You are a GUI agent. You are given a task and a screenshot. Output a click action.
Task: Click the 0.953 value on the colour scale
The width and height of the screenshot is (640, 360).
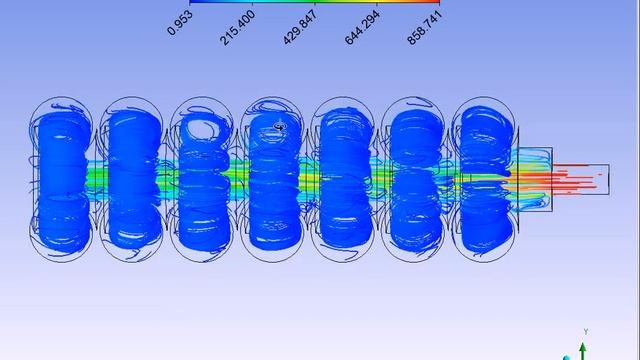click(177, 21)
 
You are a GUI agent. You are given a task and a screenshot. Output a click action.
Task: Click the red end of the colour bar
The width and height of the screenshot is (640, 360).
click(436, 2)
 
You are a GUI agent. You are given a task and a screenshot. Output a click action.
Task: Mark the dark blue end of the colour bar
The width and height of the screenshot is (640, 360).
click(193, 2)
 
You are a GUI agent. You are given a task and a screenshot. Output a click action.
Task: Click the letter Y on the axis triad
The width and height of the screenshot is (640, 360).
click(587, 331)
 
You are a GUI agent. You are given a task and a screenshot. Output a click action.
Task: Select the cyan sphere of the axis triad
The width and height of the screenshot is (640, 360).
click(568, 355)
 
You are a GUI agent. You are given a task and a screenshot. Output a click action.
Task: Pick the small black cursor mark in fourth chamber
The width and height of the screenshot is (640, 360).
click(279, 126)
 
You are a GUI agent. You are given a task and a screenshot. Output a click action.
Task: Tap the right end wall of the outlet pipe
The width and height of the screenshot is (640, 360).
click(609, 179)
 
